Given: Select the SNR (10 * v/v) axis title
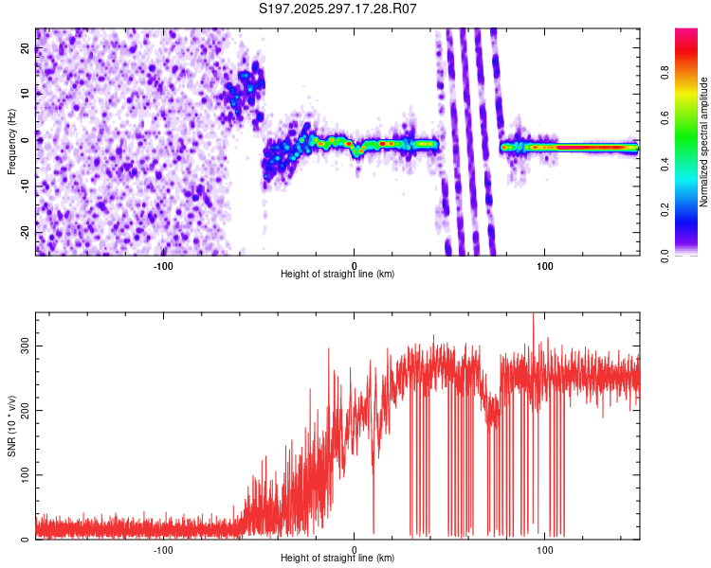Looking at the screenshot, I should click(x=11, y=426).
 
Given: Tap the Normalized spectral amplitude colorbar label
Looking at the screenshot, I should click(x=703, y=142).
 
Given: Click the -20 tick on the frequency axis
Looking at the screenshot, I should click(x=24, y=233).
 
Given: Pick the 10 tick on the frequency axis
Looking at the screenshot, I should click(x=26, y=95).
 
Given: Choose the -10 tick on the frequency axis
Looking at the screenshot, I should click(x=24, y=186).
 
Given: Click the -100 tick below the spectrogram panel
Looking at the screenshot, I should click(x=163, y=265).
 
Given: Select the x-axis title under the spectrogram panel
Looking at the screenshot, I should click(x=337, y=275).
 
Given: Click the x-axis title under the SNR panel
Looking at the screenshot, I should click(x=337, y=559).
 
